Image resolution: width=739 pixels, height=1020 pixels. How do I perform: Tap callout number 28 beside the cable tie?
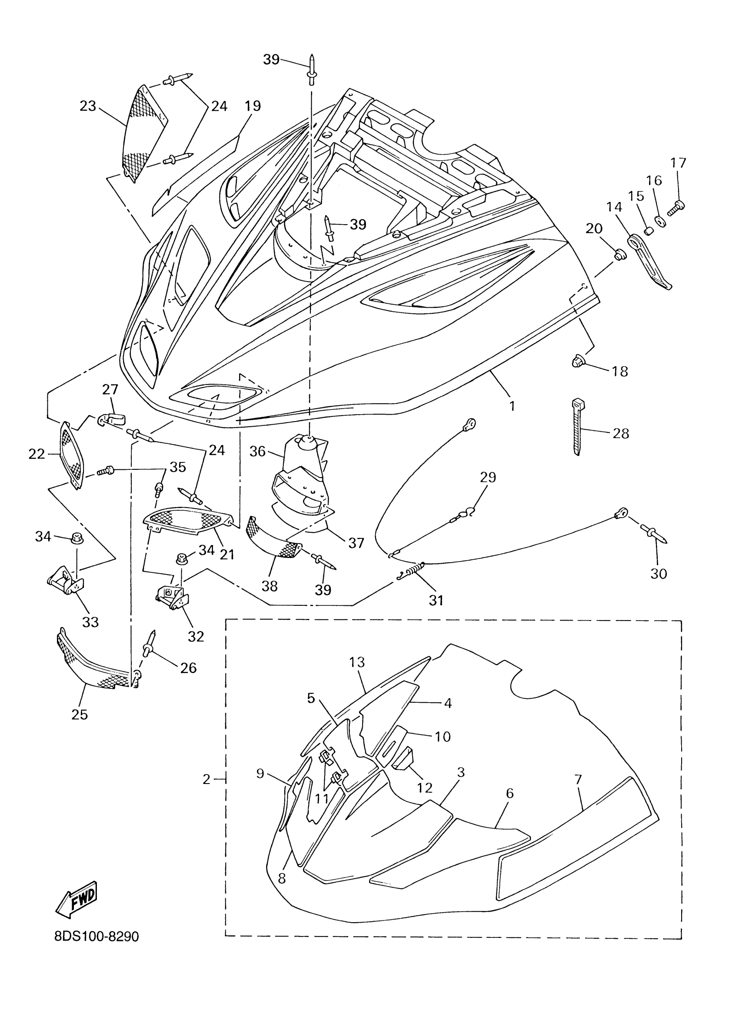click(x=621, y=433)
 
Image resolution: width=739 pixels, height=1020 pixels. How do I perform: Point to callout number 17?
click(x=678, y=163)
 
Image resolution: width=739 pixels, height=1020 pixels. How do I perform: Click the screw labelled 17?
click(x=676, y=207)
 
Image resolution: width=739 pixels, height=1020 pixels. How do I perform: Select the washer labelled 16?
click(x=661, y=221)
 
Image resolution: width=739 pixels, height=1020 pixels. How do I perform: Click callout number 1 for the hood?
click(x=512, y=406)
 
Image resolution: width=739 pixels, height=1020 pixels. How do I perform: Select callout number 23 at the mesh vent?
click(x=88, y=106)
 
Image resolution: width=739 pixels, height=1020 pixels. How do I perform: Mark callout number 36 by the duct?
click(x=258, y=451)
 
